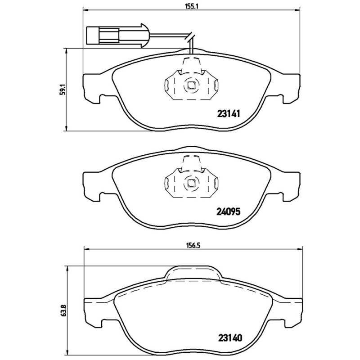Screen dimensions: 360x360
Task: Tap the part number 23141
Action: [228, 114]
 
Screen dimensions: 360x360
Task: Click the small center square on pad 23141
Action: [191, 85]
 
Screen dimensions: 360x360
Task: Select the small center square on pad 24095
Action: [191, 182]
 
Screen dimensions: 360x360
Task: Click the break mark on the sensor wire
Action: [191, 37]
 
